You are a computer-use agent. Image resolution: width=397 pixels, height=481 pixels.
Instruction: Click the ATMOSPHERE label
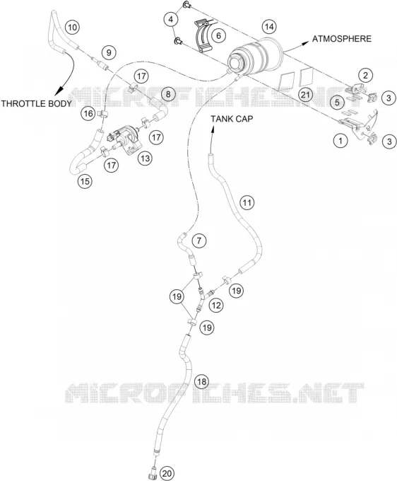[x=342, y=39]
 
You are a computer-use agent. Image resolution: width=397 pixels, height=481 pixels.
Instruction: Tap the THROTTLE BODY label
[x=36, y=103]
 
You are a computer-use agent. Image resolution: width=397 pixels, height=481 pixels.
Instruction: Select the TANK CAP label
[x=232, y=119]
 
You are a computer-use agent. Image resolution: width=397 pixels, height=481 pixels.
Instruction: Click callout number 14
[x=269, y=27]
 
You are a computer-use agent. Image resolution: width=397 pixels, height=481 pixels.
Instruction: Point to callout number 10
[x=72, y=28]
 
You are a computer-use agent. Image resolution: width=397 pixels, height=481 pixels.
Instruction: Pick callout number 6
[x=218, y=35]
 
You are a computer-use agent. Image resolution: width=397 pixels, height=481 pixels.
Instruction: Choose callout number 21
[x=305, y=95]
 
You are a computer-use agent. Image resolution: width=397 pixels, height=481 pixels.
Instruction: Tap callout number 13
[x=145, y=158]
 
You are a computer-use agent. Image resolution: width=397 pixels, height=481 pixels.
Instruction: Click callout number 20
[x=167, y=474]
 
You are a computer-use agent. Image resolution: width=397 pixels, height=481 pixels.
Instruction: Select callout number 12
[x=216, y=306]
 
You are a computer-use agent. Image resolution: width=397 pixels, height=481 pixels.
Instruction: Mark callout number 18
[x=201, y=381]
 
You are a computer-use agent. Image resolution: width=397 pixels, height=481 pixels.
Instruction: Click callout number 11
[x=247, y=202]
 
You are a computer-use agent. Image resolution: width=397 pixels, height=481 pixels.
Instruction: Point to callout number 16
[x=88, y=114]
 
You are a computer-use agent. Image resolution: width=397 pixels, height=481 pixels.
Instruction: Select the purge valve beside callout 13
[x=124, y=139]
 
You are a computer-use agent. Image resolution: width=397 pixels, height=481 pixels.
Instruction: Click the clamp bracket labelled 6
[x=203, y=36]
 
